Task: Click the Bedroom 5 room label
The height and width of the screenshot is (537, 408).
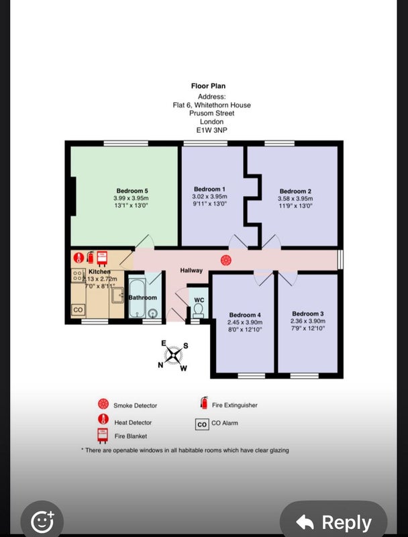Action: tap(132, 191)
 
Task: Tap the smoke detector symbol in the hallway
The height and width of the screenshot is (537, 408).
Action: tap(226, 260)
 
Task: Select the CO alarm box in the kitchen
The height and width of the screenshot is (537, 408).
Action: tap(78, 309)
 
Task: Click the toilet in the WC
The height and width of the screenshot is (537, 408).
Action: tap(198, 311)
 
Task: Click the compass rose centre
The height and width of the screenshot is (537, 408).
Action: tap(173, 355)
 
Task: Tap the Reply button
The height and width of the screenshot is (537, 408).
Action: tap(334, 522)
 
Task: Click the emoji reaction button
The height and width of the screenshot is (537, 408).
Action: tap(42, 522)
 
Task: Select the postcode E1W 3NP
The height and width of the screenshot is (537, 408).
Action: tap(211, 130)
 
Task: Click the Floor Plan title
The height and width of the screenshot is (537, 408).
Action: tap(208, 86)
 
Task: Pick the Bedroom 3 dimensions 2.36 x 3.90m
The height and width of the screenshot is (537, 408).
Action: tap(308, 322)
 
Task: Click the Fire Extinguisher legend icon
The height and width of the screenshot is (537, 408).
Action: tap(205, 403)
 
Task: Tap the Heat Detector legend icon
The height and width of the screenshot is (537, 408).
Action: tap(103, 419)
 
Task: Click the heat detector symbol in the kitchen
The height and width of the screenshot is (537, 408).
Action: tap(79, 258)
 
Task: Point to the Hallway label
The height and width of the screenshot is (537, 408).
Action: tap(191, 271)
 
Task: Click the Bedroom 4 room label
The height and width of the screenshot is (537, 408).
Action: tap(245, 315)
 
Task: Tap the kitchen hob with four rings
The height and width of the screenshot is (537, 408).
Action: tap(78, 275)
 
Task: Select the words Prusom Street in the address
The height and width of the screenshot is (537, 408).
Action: tap(212, 113)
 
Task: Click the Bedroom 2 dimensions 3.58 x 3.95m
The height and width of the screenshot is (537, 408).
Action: tap(295, 199)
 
